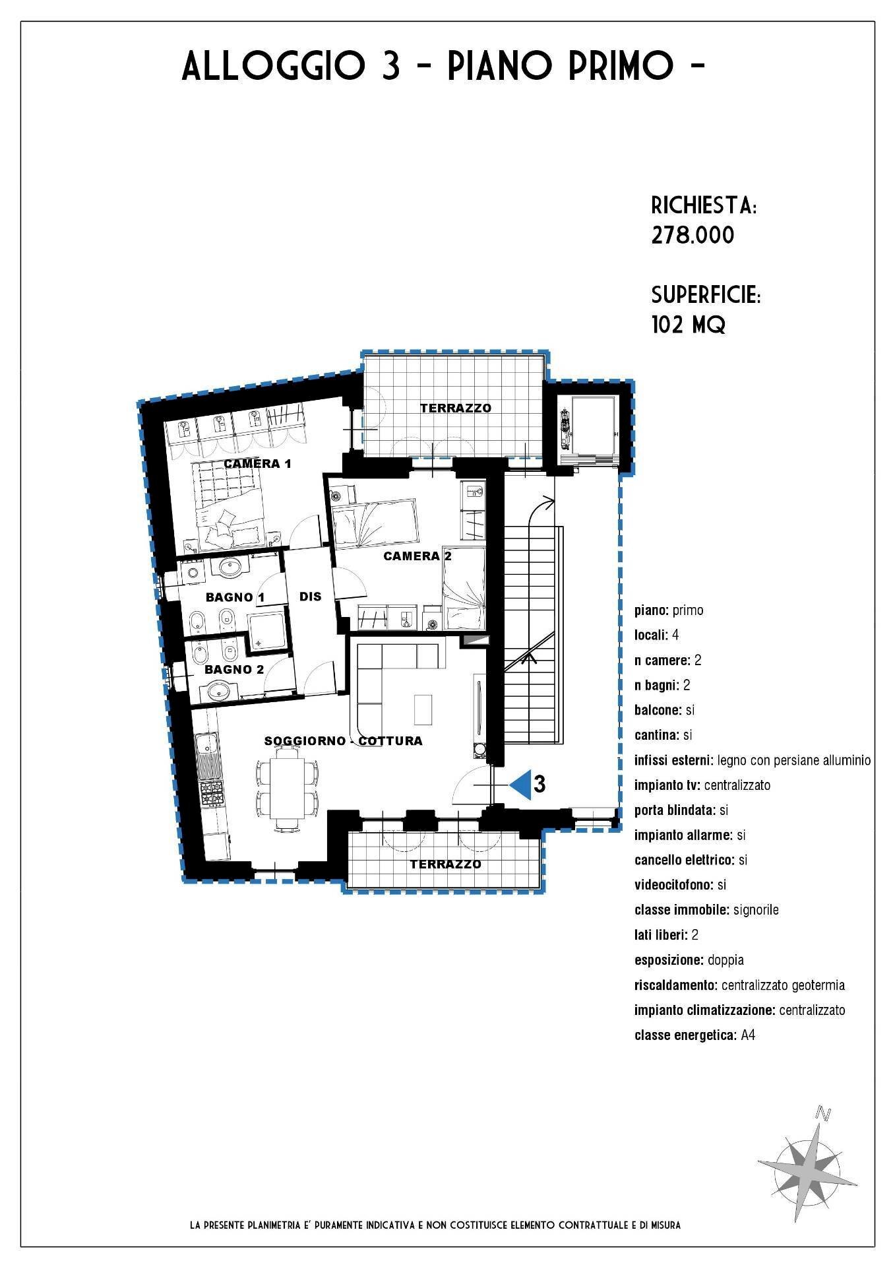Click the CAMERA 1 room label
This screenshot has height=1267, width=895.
coord(257,463)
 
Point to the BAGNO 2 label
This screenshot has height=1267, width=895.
coord(234,669)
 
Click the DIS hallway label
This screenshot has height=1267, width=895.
coord(310,597)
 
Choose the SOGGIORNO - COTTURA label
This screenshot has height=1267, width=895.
coord(343,740)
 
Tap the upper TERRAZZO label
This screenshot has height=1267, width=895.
coord(456,408)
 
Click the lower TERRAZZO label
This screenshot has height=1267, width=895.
coord(445,864)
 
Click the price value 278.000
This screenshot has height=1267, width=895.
coord(693,236)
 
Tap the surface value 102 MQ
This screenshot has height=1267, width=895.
coord(688,325)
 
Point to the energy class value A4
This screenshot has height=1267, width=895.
coord(748,1035)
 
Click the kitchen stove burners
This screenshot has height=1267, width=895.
coord(212,794)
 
